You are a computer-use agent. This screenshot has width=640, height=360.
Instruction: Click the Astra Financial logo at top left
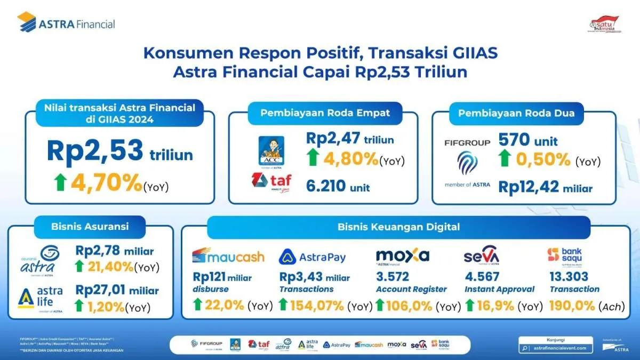tap(66, 23)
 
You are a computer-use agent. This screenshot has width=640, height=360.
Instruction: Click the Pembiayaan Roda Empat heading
tap(325, 113)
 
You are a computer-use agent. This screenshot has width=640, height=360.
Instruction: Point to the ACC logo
tap(271, 150)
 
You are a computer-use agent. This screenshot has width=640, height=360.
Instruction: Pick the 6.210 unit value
tap(338, 187)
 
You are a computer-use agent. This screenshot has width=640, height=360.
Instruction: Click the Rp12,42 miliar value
tap(545, 187)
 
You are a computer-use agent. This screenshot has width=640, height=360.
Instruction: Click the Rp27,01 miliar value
tap(117, 291)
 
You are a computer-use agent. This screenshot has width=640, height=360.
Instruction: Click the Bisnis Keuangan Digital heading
tap(398, 227)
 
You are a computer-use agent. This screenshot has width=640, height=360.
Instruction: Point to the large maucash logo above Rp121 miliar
tap(228, 257)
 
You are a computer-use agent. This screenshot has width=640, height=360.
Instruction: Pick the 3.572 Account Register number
tap(393, 276)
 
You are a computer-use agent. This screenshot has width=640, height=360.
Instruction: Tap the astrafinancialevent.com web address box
tap(556, 348)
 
